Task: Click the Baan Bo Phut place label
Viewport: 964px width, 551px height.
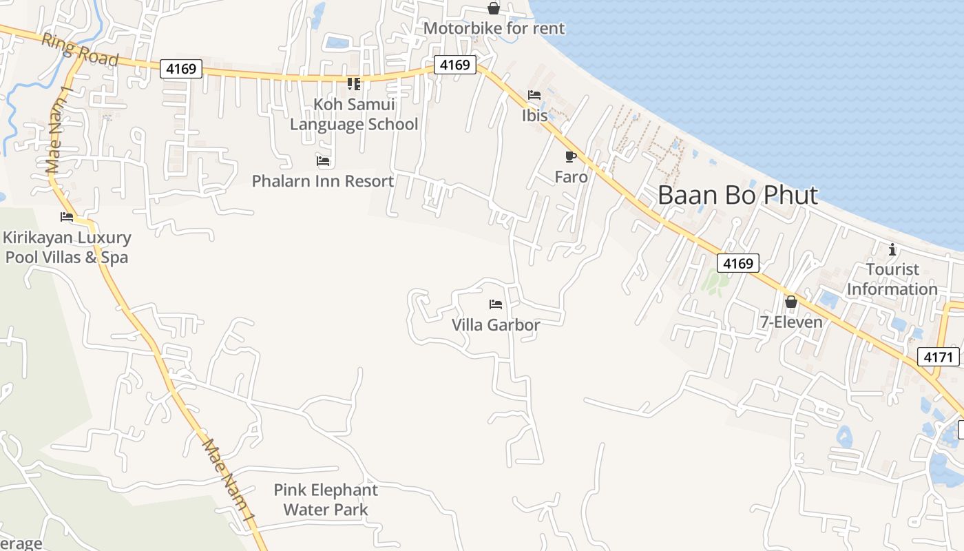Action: click(x=737, y=195)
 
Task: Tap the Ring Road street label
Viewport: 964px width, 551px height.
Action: click(x=80, y=50)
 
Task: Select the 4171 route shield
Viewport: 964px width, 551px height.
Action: click(x=939, y=357)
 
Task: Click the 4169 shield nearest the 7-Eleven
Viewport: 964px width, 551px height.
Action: click(x=738, y=263)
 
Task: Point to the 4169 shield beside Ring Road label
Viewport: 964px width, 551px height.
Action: click(x=182, y=69)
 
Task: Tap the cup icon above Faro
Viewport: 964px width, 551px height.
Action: click(x=570, y=157)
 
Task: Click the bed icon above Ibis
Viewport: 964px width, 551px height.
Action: click(x=534, y=95)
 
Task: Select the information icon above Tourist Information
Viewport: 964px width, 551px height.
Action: click(x=892, y=249)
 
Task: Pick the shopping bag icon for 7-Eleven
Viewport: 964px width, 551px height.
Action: click(x=791, y=302)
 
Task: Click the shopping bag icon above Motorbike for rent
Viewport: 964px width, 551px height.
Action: click(x=494, y=8)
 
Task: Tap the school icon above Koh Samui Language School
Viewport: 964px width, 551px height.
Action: click(x=354, y=84)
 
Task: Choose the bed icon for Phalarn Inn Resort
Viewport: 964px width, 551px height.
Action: click(x=323, y=161)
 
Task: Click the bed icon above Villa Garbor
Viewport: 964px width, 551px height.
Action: click(x=496, y=304)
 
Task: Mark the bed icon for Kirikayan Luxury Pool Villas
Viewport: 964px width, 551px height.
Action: click(x=67, y=216)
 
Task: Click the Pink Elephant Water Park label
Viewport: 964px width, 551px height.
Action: click(x=326, y=500)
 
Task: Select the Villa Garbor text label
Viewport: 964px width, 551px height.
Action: click(x=496, y=324)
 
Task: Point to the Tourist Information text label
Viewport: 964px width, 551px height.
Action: click(x=892, y=279)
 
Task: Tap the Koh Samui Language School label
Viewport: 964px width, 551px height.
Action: click(x=354, y=114)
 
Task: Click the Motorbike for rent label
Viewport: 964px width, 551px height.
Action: click(x=494, y=28)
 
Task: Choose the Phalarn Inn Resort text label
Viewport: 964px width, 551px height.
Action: click(x=323, y=181)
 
